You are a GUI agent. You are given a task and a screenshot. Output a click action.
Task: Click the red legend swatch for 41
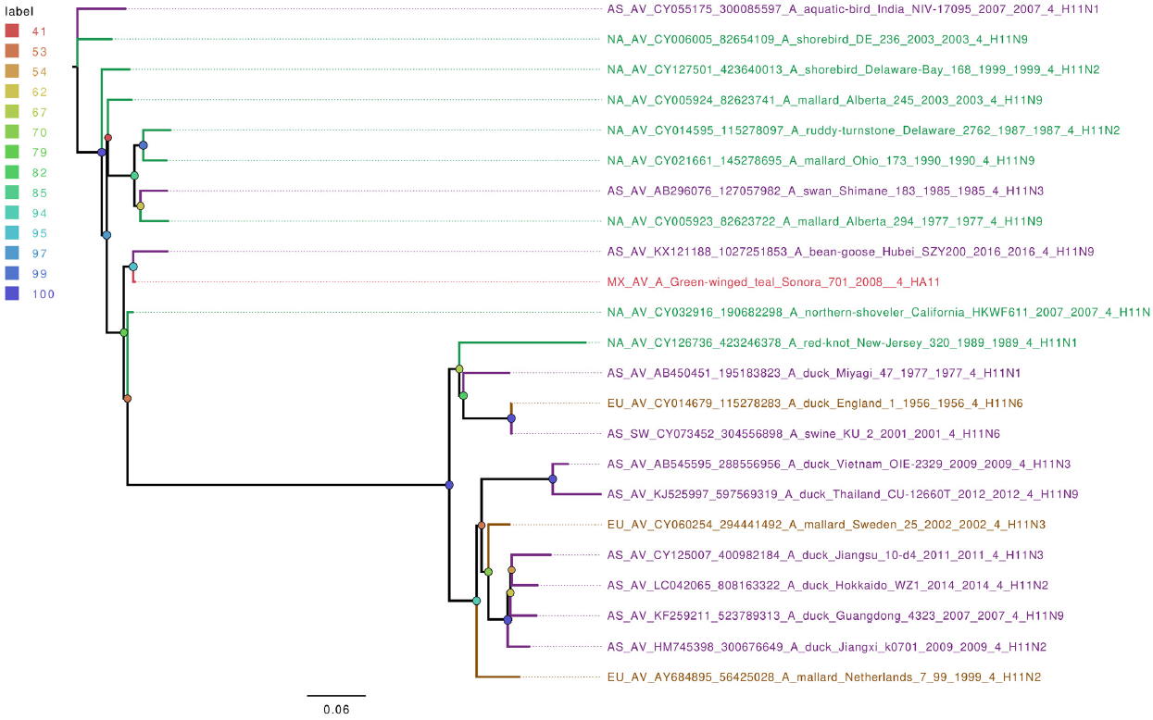pos(13,31)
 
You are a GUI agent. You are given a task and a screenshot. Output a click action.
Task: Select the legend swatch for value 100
pos(13,293)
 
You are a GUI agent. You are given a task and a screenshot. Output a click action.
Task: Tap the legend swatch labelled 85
pos(13,192)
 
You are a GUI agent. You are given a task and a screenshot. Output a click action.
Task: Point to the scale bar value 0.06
pos(336,710)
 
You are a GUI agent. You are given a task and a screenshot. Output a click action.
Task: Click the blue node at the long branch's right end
pos(449,485)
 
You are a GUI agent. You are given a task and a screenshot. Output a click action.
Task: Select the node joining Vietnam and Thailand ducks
pos(553,479)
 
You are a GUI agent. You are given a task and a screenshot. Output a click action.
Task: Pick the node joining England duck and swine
pos(511,419)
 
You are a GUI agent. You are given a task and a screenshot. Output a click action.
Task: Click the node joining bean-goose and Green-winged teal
pos(133,267)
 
